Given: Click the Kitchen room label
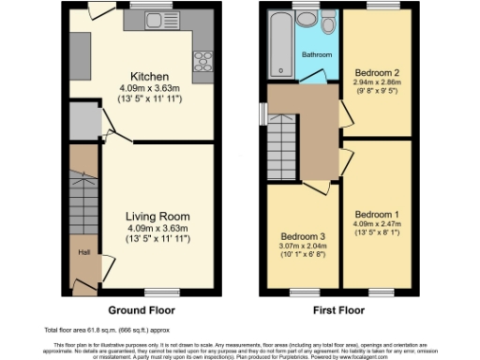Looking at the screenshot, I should pos(149,77).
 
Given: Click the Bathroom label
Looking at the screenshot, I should pos(316,55).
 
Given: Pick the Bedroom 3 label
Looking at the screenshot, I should pos(302,236).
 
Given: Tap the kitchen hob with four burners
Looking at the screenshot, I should pos(202,62).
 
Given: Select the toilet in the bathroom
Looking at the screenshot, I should pos(328,23).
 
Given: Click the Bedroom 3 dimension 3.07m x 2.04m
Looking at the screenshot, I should pos(302,246).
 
